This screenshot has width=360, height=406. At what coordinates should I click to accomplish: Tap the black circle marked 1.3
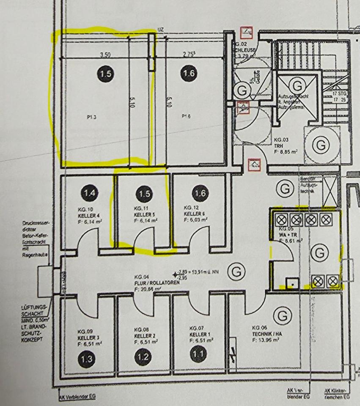click(x=86, y=359)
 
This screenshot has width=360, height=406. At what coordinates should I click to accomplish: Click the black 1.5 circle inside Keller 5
click(x=145, y=194)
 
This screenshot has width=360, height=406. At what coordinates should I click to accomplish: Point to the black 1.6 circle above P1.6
click(x=188, y=74)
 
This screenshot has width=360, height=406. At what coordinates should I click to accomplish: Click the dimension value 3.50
click(x=105, y=55)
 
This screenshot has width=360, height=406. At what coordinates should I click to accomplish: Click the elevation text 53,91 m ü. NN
click(x=204, y=272)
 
